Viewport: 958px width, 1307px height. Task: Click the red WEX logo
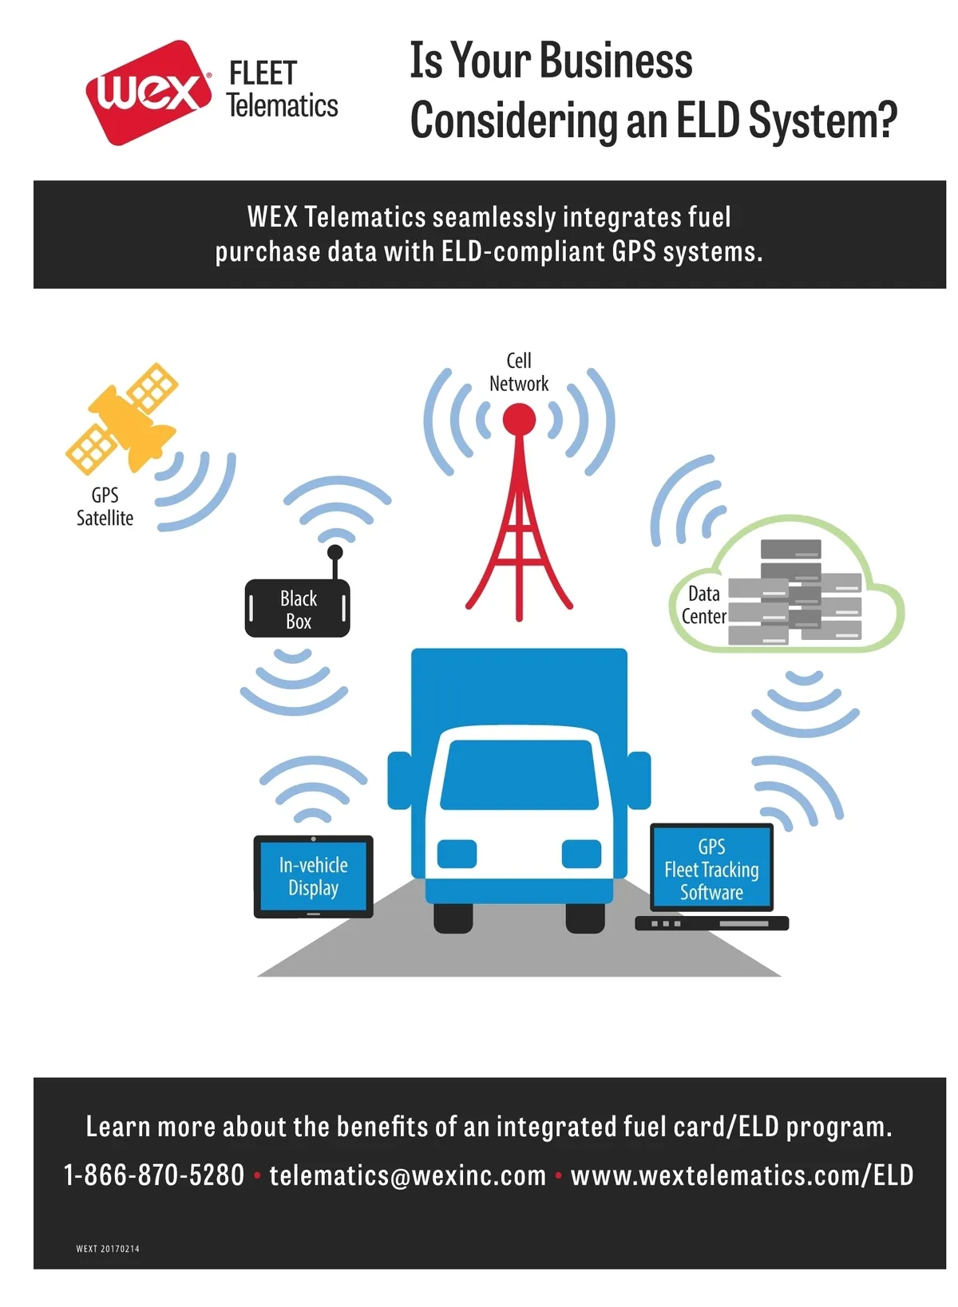[x=148, y=93]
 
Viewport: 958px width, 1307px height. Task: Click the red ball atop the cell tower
[x=519, y=419]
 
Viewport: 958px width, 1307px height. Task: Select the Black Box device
[x=297, y=609]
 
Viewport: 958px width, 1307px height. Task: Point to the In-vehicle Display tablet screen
[x=313, y=876]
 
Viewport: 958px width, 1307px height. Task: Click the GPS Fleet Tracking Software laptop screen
[x=711, y=868]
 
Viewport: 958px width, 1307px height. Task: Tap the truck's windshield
[x=519, y=774]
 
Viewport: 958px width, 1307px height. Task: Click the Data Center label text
[x=703, y=605]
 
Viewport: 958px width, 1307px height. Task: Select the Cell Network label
[x=519, y=372]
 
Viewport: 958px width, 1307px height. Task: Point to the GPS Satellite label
[x=105, y=507]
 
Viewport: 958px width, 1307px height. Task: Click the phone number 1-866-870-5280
[x=154, y=1175]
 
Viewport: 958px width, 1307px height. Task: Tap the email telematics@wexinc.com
[x=407, y=1175]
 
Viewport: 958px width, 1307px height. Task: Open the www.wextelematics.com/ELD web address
[x=742, y=1175]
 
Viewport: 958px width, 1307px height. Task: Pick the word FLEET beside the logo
[x=263, y=73]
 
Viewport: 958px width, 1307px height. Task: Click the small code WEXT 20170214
[x=108, y=1249]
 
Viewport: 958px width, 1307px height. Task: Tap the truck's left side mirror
[x=398, y=780]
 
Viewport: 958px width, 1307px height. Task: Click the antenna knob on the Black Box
[x=335, y=551]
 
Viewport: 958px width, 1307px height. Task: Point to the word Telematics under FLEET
[x=283, y=106]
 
